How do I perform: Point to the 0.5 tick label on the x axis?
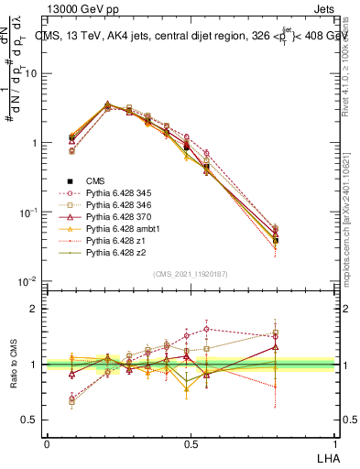click(190, 443)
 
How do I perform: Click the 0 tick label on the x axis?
click(47, 443)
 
